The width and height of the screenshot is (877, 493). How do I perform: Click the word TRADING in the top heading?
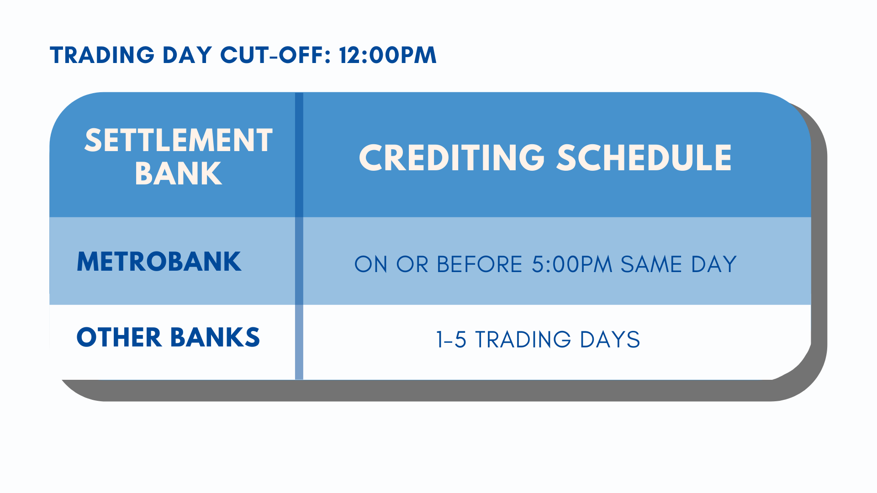[x=102, y=55]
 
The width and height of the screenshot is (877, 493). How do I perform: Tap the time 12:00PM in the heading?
[x=388, y=55]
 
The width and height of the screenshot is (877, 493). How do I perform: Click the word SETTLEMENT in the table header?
[x=179, y=140]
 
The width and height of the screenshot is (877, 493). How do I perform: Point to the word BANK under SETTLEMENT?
[x=179, y=173]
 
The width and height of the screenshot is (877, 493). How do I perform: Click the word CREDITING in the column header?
[x=452, y=158]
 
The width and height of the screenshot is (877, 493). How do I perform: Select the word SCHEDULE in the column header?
[x=644, y=158]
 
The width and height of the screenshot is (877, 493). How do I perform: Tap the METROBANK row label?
[x=159, y=262]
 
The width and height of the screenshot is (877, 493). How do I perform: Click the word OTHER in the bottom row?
[x=119, y=337]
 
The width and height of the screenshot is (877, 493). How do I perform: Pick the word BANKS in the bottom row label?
[x=215, y=337]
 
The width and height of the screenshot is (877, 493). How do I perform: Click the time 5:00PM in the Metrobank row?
[x=572, y=264]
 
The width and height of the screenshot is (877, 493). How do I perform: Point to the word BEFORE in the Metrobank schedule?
[x=480, y=264]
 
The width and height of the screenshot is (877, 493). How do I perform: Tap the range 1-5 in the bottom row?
[x=451, y=340]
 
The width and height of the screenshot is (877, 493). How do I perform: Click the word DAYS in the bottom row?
[x=610, y=340]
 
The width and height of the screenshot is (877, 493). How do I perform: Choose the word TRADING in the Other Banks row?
[x=523, y=340]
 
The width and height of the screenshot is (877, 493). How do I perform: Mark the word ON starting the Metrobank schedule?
[x=371, y=264]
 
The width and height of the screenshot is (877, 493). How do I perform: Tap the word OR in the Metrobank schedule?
[x=412, y=264]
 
